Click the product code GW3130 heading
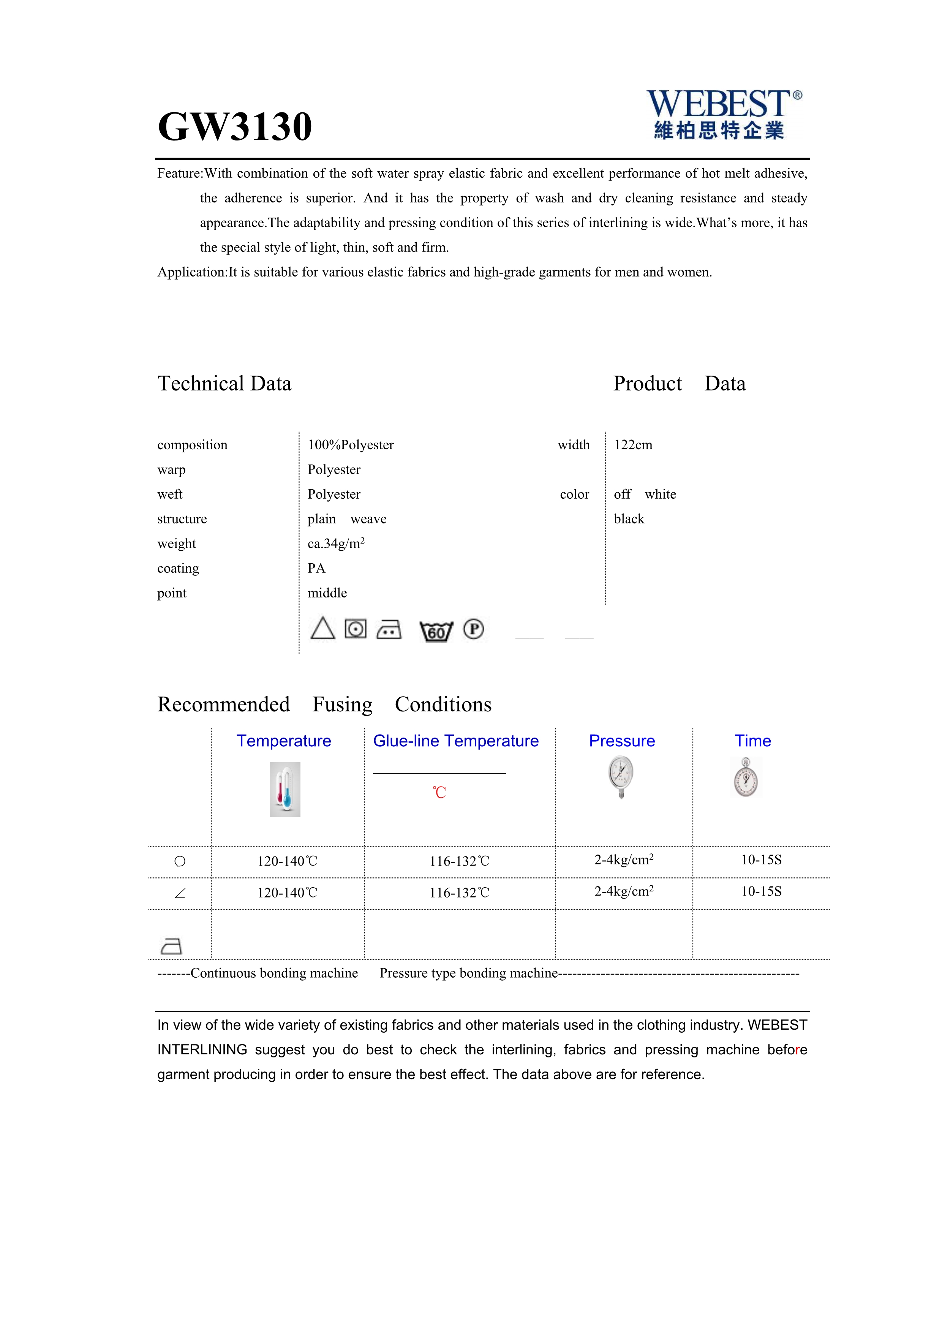[x=235, y=126]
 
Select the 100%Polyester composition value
[x=350, y=445]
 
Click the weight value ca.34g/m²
[x=336, y=544]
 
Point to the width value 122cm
[x=633, y=445]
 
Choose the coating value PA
[x=316, y=568]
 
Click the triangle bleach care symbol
[x=322, y=628]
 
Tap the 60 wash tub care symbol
[x=436, y=630]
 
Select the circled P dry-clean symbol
[x=473, y=629]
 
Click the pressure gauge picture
[x=621, y=777]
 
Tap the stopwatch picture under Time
[x=746, y=777]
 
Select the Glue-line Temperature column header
[x=455, y=741]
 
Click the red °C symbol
[x=439, y=792]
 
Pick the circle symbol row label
[x=180, y=861]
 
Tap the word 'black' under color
[x=629, y=519]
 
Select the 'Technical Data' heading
[x=224, y=384]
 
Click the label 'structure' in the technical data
[x=182, y=519]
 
